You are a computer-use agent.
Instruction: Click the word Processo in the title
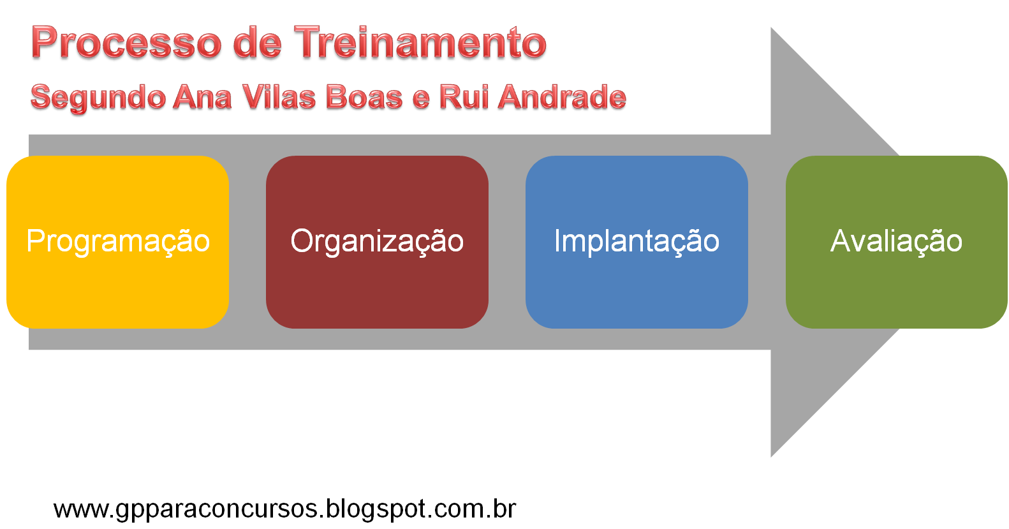tap(126, 43)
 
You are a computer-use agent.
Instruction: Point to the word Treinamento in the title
tap(421, 43)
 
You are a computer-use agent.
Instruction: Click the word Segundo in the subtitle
tap(98, 98)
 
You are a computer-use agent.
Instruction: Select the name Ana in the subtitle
tap(202, 98)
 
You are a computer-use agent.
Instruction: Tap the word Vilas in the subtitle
tap(279, 98)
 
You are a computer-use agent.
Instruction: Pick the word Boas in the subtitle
tap(364, 98)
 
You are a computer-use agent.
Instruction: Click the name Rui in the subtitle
tap(463, 98)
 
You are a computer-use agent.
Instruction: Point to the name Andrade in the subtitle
tap(562, 98)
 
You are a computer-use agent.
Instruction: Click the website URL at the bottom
tap(284, 509)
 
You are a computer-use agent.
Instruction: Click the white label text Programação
tap(118, 241)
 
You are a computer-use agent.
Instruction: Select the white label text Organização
tap(377, 241)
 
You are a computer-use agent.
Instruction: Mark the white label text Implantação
tap(637, 241)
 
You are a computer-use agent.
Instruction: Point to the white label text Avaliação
tap(896, 241)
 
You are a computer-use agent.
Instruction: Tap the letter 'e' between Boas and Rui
tap(420, 99)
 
